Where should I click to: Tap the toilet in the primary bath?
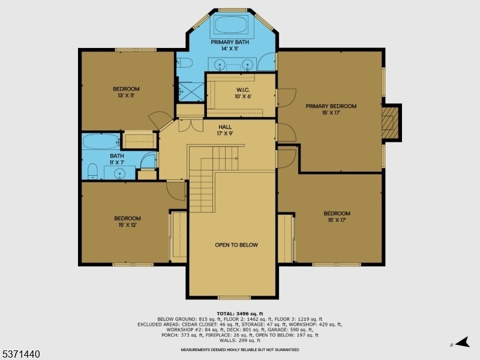184,63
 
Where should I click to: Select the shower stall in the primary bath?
191,92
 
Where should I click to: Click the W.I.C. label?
244,90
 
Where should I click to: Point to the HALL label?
225,127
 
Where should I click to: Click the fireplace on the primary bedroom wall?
391,122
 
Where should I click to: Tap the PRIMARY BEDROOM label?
331,106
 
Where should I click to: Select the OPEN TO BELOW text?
236,245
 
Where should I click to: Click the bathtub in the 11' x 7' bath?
101,142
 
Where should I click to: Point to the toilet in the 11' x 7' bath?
92,171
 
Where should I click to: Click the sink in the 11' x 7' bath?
119,173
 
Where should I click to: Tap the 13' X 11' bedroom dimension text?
126,95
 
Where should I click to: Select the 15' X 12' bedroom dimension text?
127,225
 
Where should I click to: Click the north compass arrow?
463,342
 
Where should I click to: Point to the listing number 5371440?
20,354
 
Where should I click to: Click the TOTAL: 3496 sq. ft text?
240,313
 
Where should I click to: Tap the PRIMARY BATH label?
230,42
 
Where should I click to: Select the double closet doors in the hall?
191,126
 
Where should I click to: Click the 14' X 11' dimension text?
230,49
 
